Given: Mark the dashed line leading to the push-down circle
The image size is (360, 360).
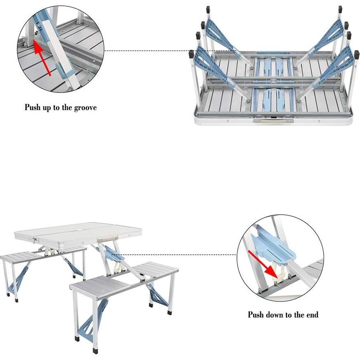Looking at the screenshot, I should point(182,254).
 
